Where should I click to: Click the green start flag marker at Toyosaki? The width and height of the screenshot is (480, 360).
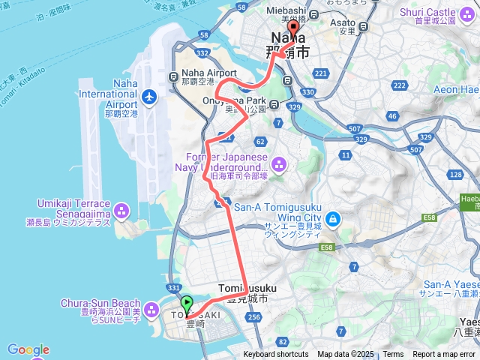tap(187, 304)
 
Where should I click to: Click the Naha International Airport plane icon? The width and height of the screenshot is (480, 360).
tap(149, 97)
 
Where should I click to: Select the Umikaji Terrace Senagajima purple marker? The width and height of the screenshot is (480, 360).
tap(124, 209)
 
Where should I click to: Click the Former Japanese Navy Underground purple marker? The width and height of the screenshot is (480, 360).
tap(280, 163)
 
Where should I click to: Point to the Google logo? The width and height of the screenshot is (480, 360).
tap(28, 349)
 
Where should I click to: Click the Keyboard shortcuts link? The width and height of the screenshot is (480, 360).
tap(275, 354)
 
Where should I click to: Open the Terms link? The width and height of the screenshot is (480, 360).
tap(393, 354)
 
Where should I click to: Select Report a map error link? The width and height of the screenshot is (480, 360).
tap(445, 354)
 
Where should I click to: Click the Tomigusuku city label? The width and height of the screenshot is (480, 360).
tap(247, 288)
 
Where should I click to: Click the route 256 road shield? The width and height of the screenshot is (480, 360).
tap(253, 317)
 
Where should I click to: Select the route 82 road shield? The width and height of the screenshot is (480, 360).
tap(282, 341)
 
